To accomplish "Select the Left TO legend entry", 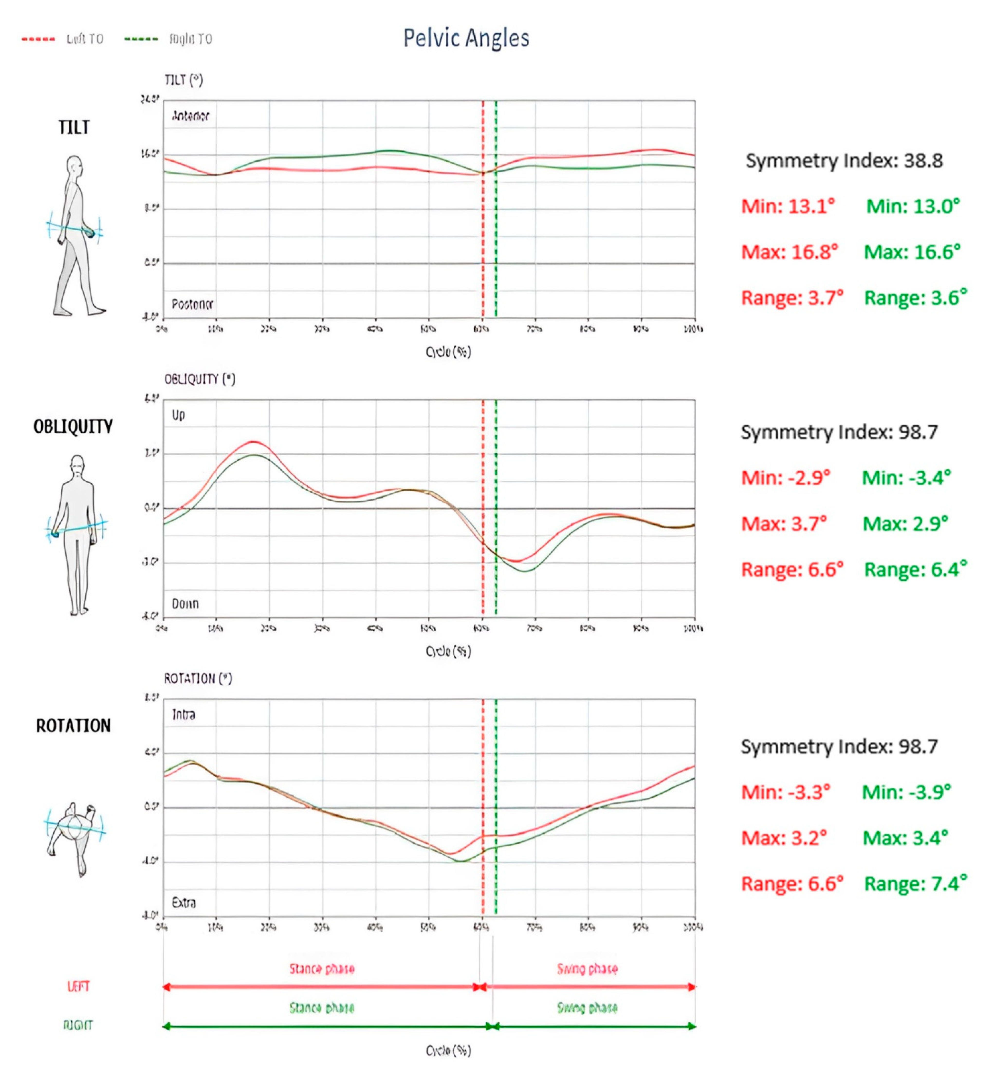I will pos(63,39).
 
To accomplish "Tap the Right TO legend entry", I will pos(168,39).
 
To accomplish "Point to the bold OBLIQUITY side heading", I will pos(73,427).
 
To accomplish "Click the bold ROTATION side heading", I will pos(73,726).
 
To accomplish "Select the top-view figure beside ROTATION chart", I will pos(75,837).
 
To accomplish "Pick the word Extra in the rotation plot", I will pos(184,903).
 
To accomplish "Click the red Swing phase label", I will pos(587,969).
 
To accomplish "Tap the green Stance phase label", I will pos(322,1008).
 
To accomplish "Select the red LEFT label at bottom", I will pos(78,986).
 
